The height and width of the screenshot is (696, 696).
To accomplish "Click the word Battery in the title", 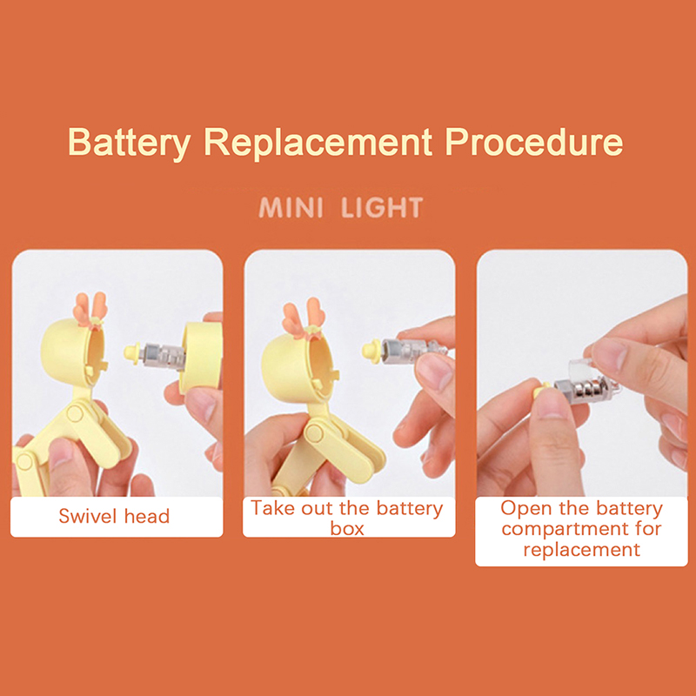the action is [129, 144].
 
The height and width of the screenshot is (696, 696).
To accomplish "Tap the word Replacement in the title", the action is [318, 144].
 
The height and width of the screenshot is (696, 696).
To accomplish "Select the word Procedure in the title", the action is [533, 142].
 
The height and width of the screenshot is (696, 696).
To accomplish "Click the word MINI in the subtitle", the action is [291, 207].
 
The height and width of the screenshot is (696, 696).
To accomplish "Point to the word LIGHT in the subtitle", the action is [382, 207].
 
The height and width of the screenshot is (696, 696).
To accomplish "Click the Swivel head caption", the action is [114, 516].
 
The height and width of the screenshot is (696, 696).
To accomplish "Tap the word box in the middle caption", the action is [347, 528].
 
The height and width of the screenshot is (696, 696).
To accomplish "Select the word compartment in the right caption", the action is [581, 529].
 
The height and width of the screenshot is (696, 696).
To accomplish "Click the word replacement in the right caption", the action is [581, 550].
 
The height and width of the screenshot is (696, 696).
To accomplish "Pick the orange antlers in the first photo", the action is [90, 309].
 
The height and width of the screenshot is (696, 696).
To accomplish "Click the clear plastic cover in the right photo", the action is [580, 368].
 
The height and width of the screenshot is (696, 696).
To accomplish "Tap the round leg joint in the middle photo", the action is [315, 432].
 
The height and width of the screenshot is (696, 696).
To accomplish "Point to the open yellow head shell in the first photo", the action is [73, 351].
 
